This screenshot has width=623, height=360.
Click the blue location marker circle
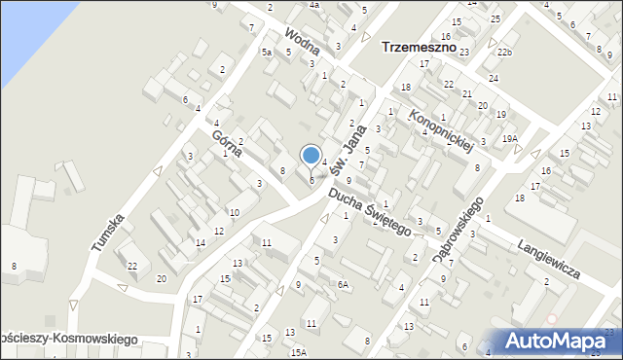pos(311,155)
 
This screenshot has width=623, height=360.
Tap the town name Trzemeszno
pos(421,47)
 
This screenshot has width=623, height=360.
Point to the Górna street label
pos(225,142)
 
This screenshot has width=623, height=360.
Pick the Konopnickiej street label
pos(440,130)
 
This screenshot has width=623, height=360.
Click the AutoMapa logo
pos(558,340)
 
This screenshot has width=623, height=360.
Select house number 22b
pos(503,51)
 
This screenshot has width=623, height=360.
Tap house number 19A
pos(509,139)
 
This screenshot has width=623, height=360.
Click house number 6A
pos(342,284)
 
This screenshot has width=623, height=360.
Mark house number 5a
pos(266,53)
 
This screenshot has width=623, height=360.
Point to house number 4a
pos(314,5)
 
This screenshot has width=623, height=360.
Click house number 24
pos(494,78)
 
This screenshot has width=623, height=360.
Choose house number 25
pos(495,19)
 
